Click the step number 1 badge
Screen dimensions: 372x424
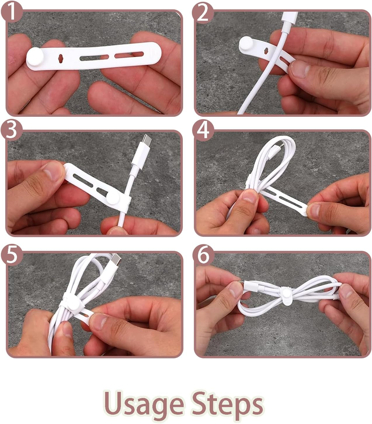coord(12,11)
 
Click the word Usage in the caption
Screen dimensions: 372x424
coord(144,405)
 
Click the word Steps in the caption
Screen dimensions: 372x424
coord(227,405)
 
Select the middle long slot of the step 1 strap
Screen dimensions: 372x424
coord(94,57)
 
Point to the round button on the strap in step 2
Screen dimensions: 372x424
coord(246,44)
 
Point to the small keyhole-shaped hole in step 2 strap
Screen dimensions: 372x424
coord(267,50)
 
